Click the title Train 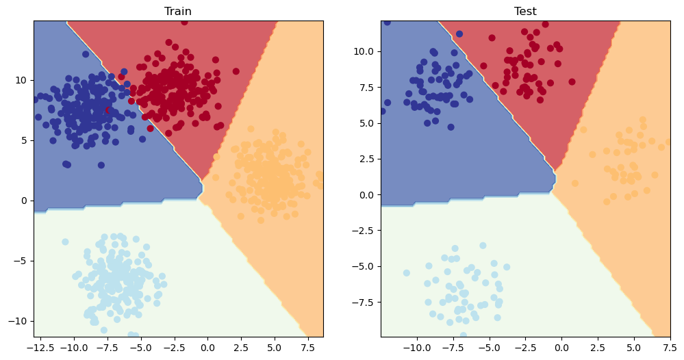tap(177, 11)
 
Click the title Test tap(525, 11)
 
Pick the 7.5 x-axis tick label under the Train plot tap(308, 348)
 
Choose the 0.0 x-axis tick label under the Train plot tap(207, 348)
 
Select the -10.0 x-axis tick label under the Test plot tap(418, 348)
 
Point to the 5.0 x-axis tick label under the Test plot tap(634, 348)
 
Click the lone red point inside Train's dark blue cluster tap(109, 110)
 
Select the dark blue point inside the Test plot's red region tap(459, 34)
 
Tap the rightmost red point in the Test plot tap(572, 82)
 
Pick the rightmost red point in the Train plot tap(236, 71)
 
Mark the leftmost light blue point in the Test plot tap(407, 273)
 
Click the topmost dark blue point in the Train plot tap(86, 54)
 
